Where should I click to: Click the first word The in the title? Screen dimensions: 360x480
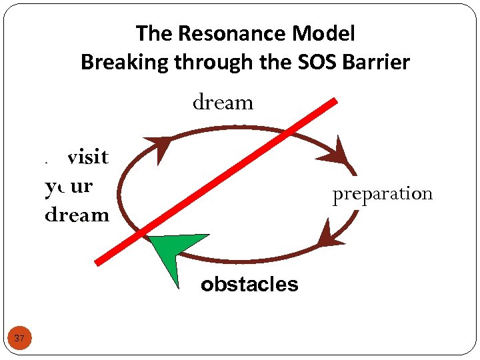[153, 33]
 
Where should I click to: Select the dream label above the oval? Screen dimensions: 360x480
[223, 103]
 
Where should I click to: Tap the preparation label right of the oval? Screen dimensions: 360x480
[383, 194]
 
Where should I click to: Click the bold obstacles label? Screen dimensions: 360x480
[249, 285]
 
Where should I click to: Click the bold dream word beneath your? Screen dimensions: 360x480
[77, 215]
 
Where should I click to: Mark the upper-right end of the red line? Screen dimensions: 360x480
[334, 101]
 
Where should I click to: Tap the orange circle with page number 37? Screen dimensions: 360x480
[19, 339]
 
